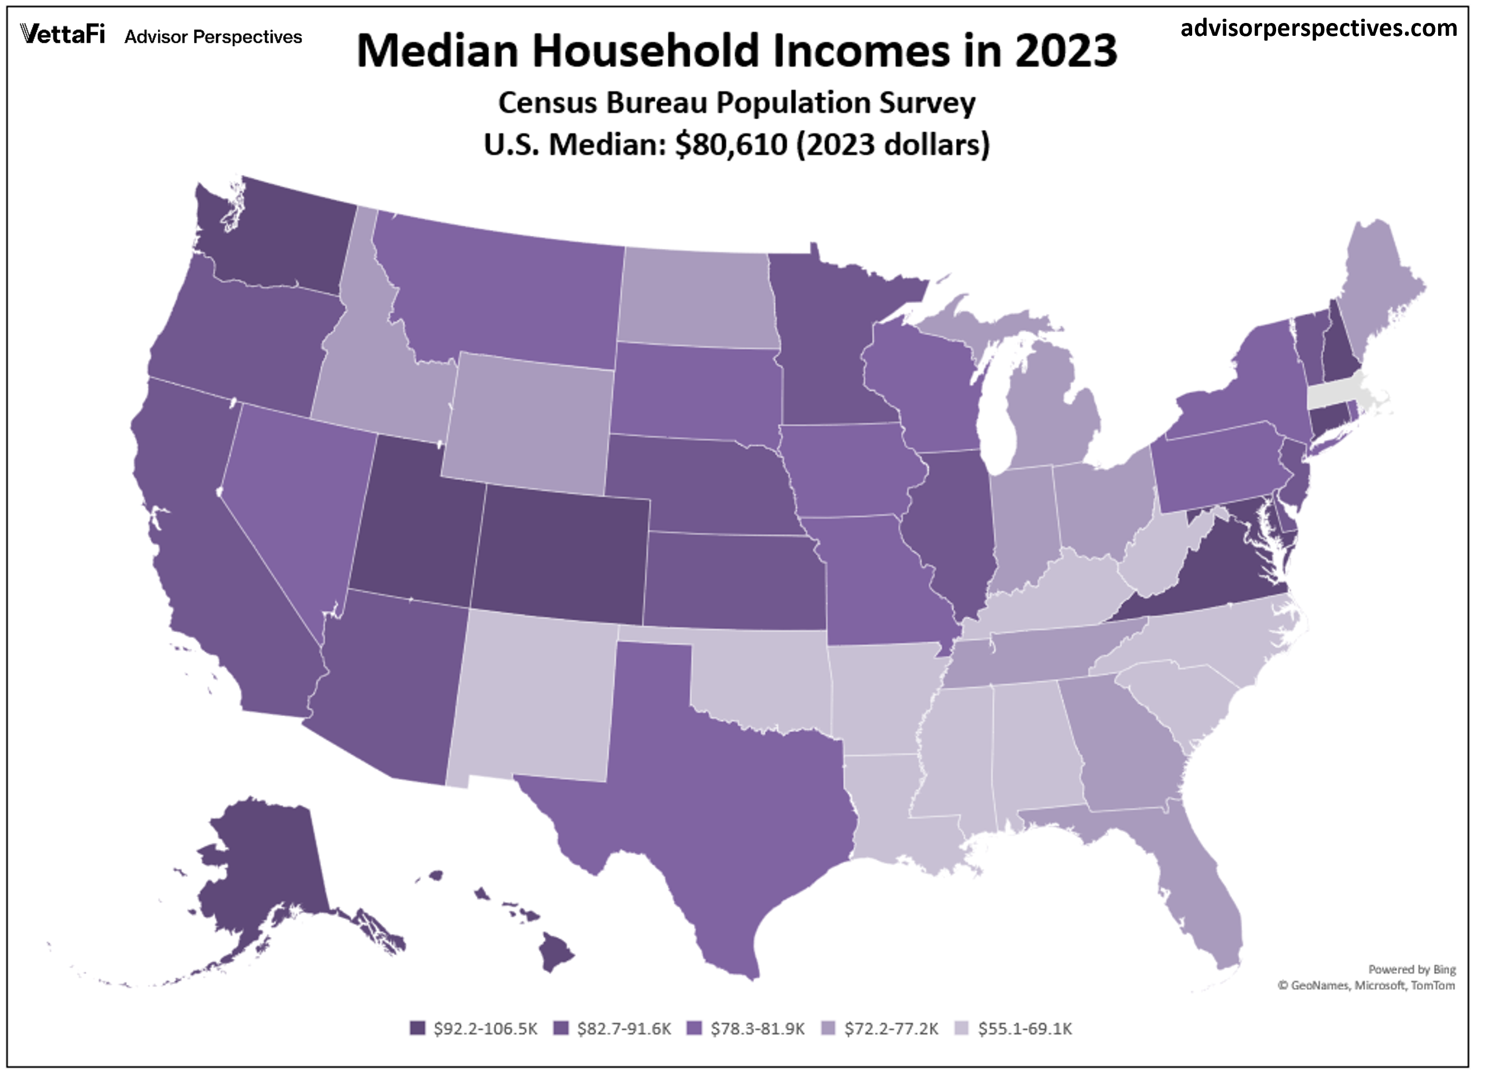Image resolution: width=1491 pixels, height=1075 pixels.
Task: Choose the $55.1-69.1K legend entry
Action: (x=1013, y=1029)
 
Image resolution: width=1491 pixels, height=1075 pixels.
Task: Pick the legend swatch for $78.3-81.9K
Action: (x=693, y=1029)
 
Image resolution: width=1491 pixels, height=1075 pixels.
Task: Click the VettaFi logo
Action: (x=63, y=34)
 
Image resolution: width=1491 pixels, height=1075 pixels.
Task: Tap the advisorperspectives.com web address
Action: (x=1318, y=28)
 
